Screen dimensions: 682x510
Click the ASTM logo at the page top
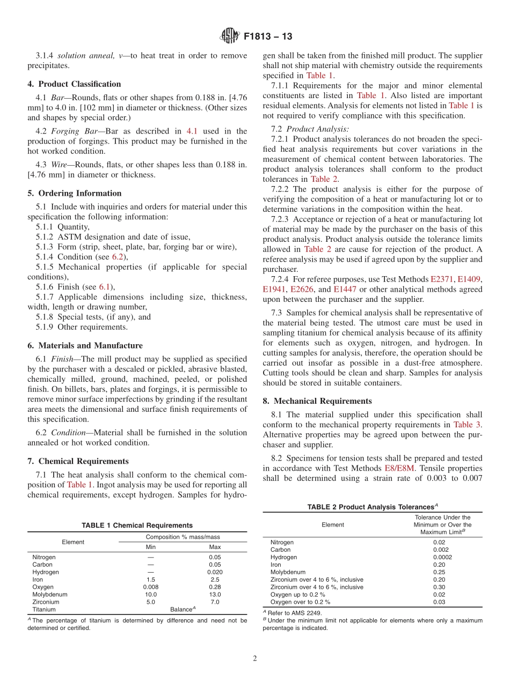(229, 36)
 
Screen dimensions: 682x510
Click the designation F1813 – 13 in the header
(268, 37)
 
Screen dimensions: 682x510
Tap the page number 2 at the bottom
(255, 658)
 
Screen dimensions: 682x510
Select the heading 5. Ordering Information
(75, 193)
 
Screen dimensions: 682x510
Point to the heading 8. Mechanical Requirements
(317, 401)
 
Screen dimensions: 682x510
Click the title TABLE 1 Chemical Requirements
(137, 525)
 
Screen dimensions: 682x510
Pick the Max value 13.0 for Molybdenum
(215, 594)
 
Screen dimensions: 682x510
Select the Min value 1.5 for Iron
(151, 579)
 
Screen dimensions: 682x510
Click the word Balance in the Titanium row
(181, 609)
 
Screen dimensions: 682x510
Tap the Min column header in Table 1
(151, 547)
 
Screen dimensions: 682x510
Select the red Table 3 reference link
(467, 425)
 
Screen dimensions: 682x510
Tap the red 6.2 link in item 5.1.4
(118, 256)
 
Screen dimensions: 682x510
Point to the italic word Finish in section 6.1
(62, 359)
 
